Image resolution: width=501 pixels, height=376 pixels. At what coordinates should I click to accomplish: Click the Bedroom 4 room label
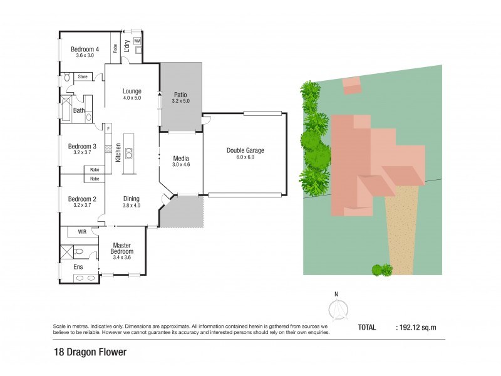(85, 49)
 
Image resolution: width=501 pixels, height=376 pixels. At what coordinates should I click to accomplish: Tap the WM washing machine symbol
(137, 41)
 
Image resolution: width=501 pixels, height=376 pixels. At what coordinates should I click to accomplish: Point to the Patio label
(180, 95)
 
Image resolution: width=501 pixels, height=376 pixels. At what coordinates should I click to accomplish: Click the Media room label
(180, 159)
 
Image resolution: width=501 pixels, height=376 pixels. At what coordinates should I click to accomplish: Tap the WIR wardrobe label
(82, 232)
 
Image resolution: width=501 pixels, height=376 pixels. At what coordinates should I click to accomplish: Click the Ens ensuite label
(78, 267)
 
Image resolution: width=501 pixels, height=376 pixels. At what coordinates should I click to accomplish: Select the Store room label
(82, 76)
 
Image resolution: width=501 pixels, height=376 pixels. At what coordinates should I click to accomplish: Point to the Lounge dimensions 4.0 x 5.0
(132, 98)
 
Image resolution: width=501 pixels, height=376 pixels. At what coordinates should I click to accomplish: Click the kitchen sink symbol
(129, 151)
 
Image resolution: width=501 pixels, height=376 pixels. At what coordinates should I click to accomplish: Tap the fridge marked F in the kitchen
(108, 128)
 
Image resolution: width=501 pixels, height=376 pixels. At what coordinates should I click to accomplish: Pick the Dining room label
(132, 199)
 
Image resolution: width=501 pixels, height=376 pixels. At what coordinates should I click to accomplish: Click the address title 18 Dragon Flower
(90, 352)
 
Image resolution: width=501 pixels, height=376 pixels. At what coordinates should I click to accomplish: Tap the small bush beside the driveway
(381, 270)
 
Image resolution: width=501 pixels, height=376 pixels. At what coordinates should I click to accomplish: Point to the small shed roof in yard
(351, 85)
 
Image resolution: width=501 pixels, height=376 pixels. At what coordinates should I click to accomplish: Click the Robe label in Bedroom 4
(115, 47)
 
